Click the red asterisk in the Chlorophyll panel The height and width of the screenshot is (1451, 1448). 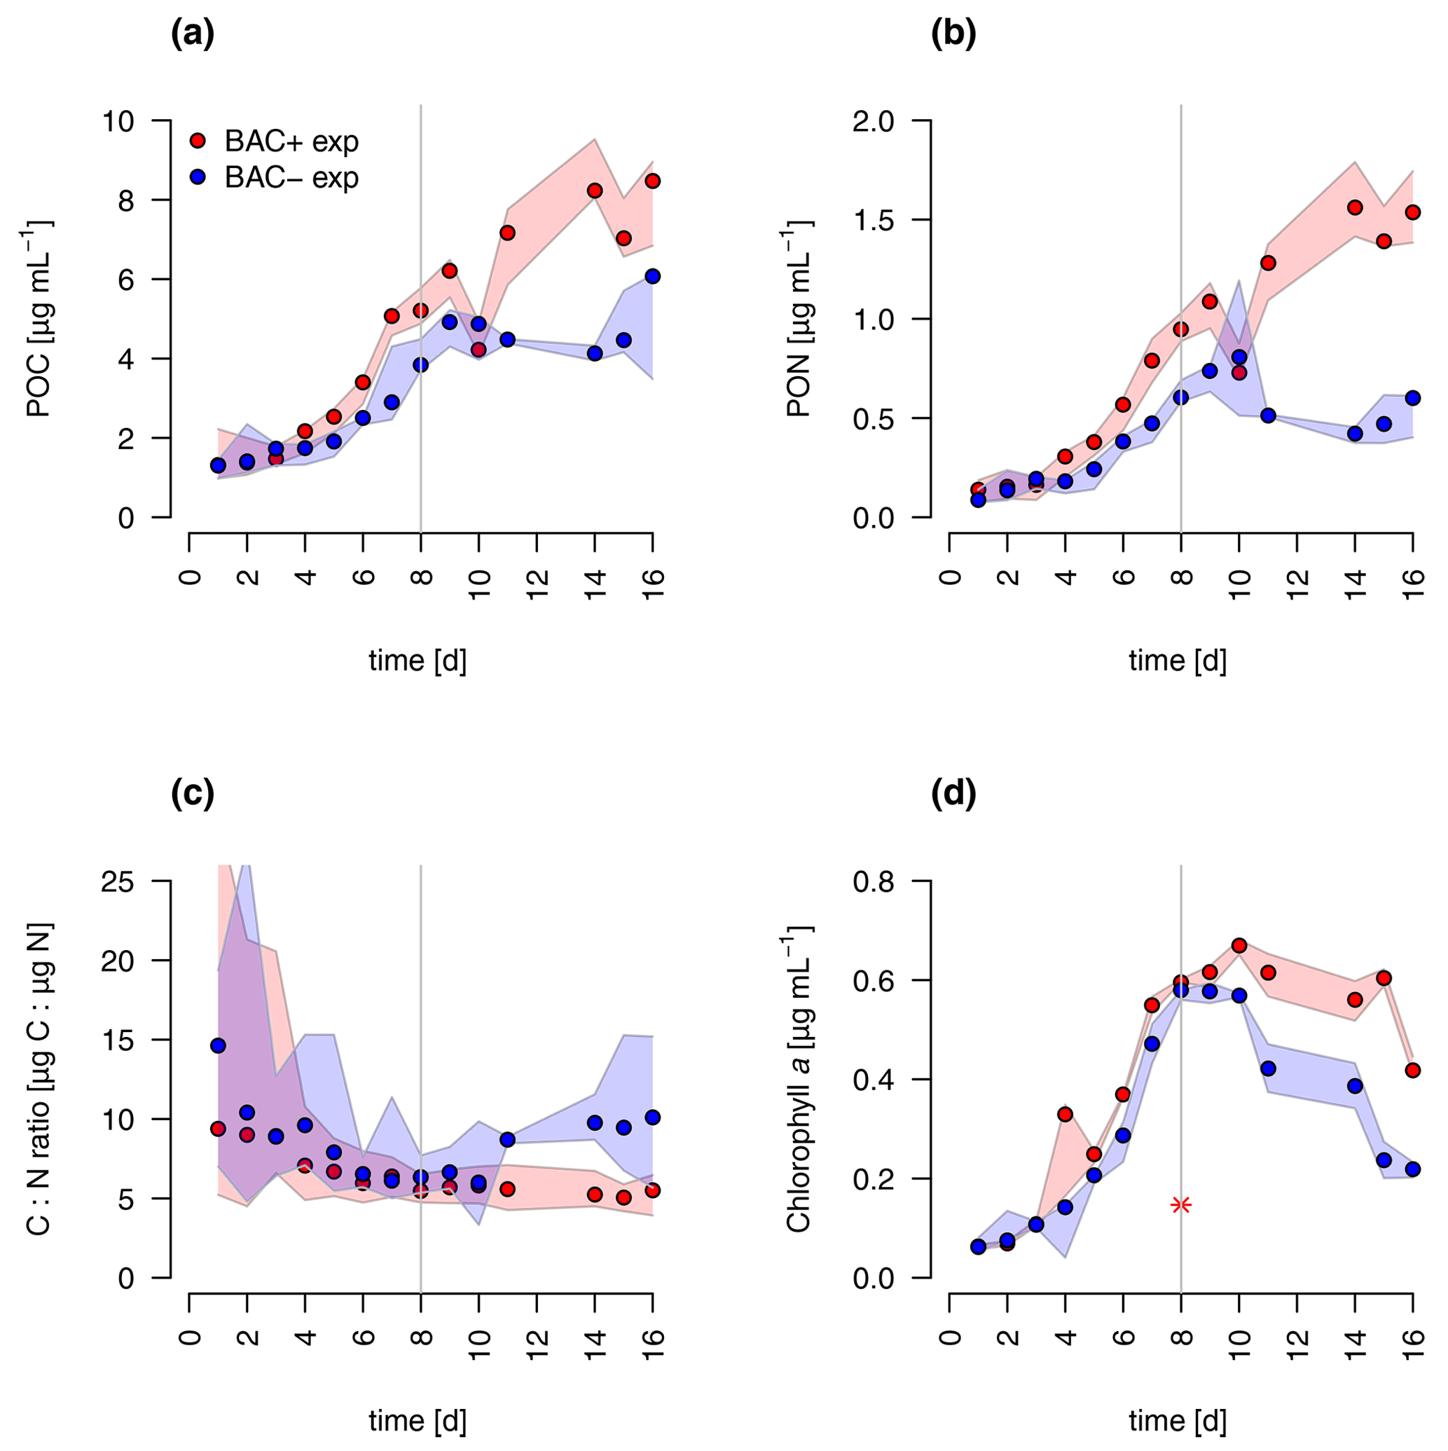pyautogui.click(x=1181, y=1205)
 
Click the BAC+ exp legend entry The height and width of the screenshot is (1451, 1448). pyautogui.click(x=275, y=142)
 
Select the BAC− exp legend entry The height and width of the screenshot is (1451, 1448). pyautogui.click(x=275, y=178)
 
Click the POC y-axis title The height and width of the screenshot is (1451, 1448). pyautogui.click(x=39, y=319)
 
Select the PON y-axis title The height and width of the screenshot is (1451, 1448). pyautogui.click(x=800, y=319)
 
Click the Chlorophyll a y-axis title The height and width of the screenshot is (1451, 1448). pyautogui.click(x=800, y=1078)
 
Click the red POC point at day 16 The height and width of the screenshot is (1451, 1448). pyautogui.click(x=653, y=181)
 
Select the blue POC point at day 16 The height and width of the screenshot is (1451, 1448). pyautogui.click(x=653, y=276)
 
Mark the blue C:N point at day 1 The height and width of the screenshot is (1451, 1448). pyautogui.click(x=218, y=1045)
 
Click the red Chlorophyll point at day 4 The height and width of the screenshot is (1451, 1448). pyautogui.click(x=1065, y=1115)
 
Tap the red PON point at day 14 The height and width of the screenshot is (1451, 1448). pyautogui.click(x=1355, y=208)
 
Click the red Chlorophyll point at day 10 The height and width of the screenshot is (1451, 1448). pyautogui.click(x=1239, y=946)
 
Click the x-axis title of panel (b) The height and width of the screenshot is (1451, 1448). pyautogui.click(x=1178, y=661)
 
